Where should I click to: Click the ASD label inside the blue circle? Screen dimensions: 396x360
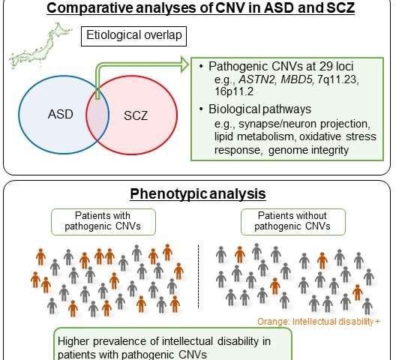coord(61,114)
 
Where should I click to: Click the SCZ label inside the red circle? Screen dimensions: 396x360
coord(136,115)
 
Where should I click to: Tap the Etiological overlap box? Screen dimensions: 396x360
coord(133,36)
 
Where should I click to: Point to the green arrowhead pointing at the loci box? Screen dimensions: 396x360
coord(184,64)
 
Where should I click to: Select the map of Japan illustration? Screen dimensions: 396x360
coord(40,46)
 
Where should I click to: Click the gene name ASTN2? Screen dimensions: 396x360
coord(256,79)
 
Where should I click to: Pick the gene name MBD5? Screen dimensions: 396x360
coord(296,79)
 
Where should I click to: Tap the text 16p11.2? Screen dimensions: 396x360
coord(234,91)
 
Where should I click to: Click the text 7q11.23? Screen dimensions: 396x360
coord(338,79)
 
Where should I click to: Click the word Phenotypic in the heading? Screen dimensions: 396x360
coord(169,194)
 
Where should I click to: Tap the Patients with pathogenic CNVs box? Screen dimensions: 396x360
coord(103,222)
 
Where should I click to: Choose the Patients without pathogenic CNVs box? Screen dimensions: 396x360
coord(293,222)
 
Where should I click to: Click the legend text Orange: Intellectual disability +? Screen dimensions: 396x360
coord(319,322)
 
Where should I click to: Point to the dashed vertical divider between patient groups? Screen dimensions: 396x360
coord(199,277)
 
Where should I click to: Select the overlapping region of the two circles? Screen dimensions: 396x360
coord(97,115)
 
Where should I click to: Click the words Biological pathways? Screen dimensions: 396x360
coord(259,109)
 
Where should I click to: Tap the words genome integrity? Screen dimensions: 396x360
coord(308,150)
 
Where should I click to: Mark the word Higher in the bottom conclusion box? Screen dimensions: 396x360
coord(73,341)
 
